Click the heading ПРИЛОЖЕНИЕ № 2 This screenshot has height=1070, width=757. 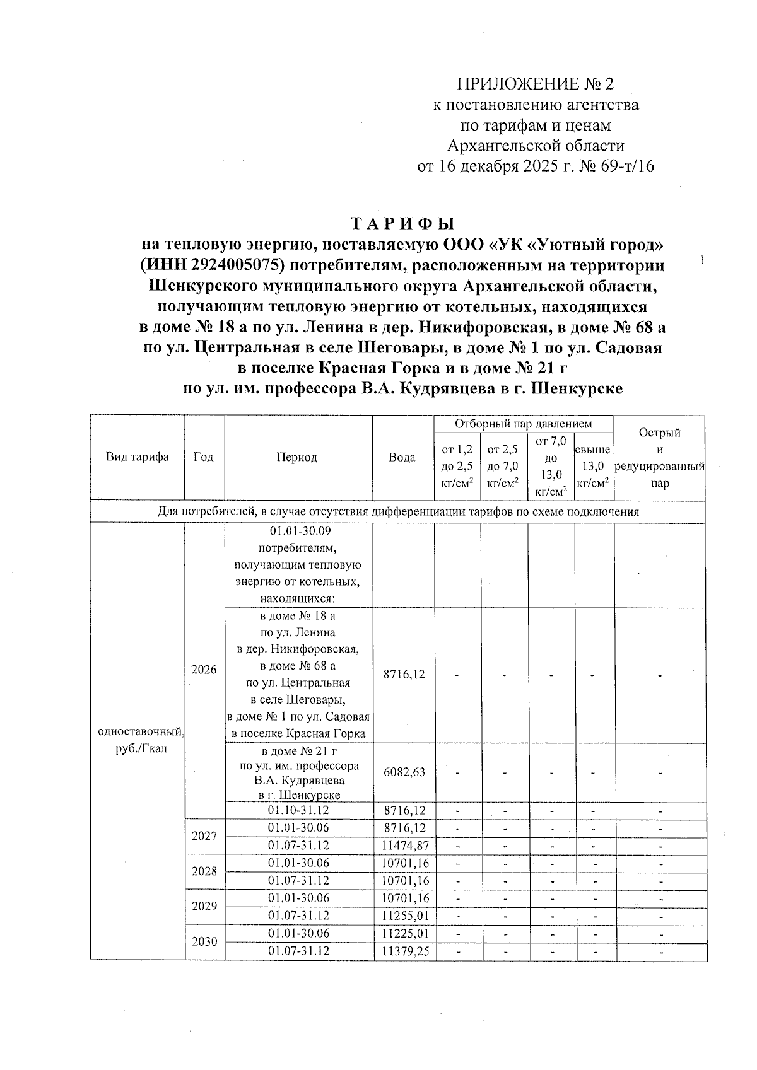[x=535, y=84]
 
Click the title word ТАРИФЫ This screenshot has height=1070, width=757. [x=402, y=224]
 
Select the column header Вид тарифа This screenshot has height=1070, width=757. [x=137, y=457]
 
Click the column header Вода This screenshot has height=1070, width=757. [x=402, y=457]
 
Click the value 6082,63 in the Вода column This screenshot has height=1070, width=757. [x=404, y=772]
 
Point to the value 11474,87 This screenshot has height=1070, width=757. [x=404, y=845]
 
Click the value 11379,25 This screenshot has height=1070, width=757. [x=404, y=951]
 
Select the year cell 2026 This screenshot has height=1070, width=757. [x=204, y=669]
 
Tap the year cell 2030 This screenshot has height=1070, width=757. [x=204, y=941]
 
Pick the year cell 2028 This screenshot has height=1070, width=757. [x=204, y=871]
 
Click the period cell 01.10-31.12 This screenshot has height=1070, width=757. [x=298, y=810]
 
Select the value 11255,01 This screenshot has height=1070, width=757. [x=404, y=916]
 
